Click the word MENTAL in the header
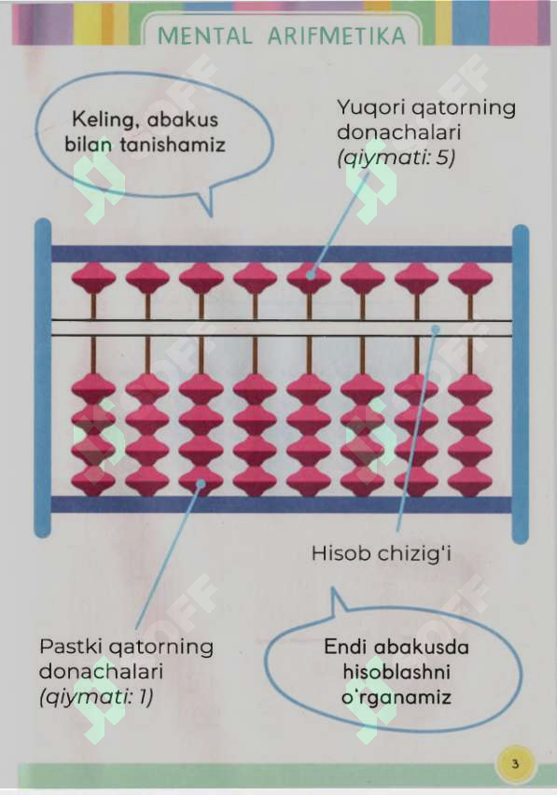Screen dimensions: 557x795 click(204, 36)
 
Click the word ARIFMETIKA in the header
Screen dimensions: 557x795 click(337, 36)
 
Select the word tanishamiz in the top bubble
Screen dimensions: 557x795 click(173, 145)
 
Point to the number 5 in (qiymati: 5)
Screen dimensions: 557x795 click(443, 158)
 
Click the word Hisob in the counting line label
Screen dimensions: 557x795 click(341, 553)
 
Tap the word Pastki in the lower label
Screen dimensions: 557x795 click(72, 647)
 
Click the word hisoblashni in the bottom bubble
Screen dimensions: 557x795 click(397, 672)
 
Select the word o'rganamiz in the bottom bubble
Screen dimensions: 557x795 click(396, 697)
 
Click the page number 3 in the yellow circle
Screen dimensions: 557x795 click(515, 763)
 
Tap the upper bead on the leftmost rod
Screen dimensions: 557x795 click(93, 278)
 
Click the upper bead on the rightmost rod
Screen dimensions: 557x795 click(470, 278)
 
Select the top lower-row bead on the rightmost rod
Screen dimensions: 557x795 click(470, 389)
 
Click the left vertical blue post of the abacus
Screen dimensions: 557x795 click(43, 378)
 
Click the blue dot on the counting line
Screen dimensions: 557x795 click(435, 329)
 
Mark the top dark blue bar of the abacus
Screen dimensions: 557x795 click(282, 254)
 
